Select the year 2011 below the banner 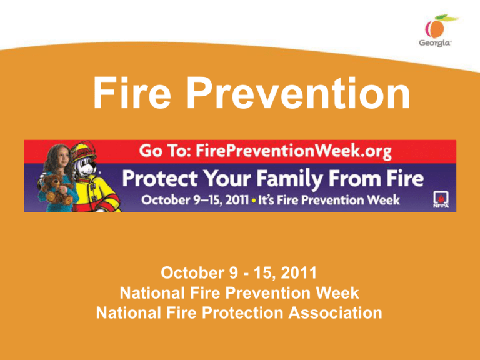294,273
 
